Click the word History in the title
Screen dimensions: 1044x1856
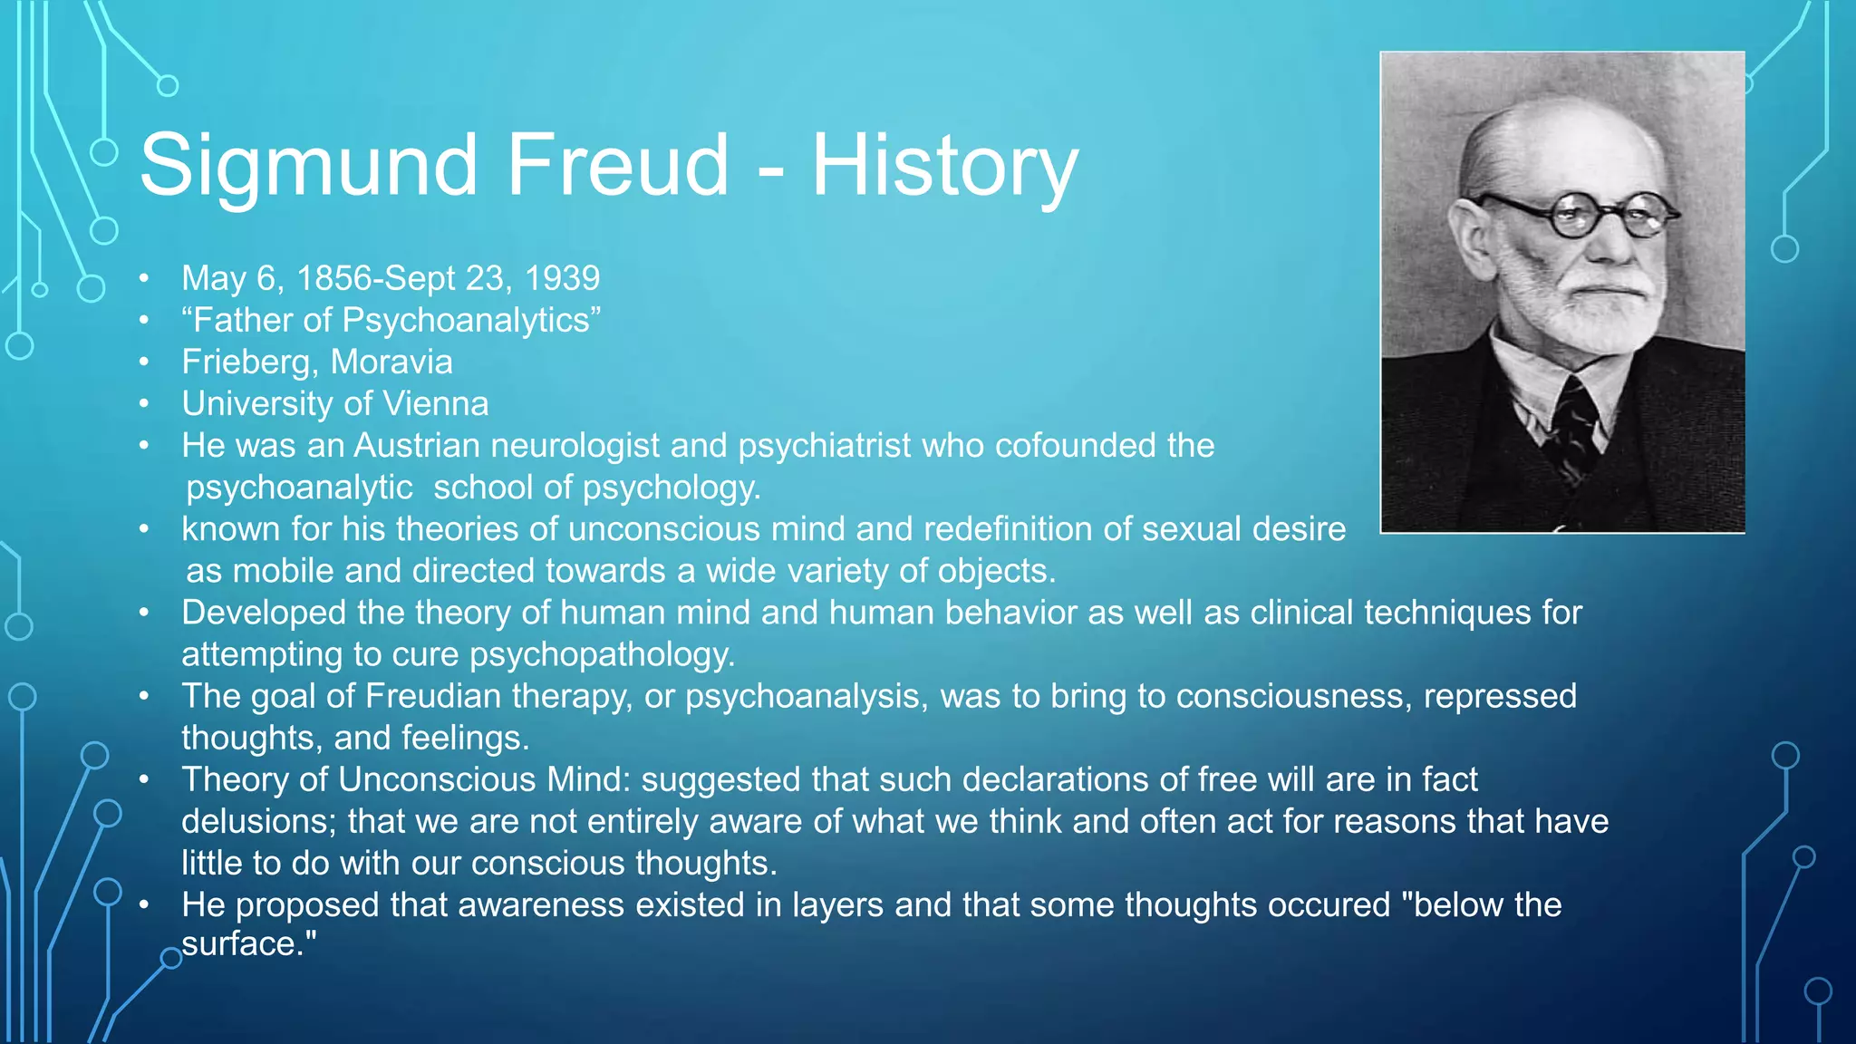[x=943, y=165]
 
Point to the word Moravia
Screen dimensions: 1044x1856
[x=391, y=362]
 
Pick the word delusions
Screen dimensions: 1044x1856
[x=259, y=821]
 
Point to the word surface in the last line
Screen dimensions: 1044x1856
[x=239, y=944]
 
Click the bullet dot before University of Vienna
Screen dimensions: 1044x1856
[x=144, y=404]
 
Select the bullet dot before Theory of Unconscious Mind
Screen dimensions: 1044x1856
[x=144, y=779]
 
